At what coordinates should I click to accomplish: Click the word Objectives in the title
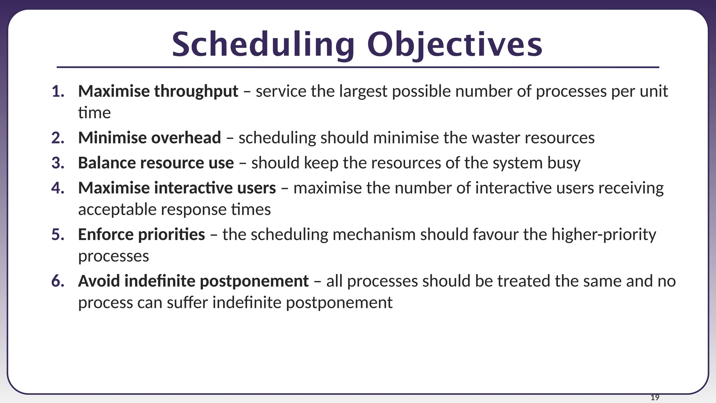coord(454,45)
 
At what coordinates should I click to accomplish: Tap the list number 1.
coord(58,92)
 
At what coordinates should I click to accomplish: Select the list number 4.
coord(58,188)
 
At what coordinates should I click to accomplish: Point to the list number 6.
coord(58,281)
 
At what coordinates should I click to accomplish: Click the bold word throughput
coord(196,92)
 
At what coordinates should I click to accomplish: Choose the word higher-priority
coord(604,235)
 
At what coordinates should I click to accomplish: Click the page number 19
coord(655,397)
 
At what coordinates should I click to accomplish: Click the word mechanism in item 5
coord(374,235)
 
